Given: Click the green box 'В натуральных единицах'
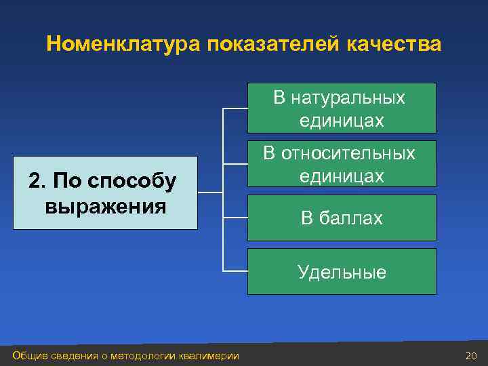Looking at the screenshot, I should coord(341,108).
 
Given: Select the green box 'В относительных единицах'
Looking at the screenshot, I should coord(341,164).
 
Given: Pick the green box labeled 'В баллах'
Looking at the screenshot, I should coord(341,218).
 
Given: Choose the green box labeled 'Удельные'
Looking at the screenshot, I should coord(341,272).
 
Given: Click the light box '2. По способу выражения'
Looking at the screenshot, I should coord(105,193).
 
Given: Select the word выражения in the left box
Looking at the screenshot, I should coord(105,205).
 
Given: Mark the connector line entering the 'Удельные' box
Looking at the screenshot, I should coord(235,272).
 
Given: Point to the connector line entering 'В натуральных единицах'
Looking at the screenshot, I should coord(235,108).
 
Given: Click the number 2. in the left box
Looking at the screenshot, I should coord(37,182).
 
